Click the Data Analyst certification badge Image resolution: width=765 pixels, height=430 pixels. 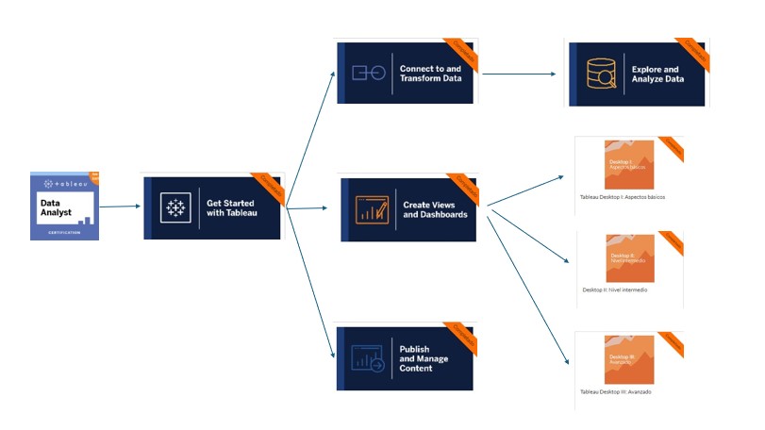point(64,206)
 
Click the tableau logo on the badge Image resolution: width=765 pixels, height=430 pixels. point(63,183)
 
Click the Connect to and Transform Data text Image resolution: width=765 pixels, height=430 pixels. point(431,74)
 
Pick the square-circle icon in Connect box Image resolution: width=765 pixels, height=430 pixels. point(368,74)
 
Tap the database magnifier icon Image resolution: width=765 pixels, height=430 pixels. point(600,74)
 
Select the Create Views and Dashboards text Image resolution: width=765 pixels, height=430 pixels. point(435,209)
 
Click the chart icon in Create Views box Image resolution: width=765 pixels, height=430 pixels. point(371,209)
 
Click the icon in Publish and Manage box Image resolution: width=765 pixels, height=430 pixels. point(368,358)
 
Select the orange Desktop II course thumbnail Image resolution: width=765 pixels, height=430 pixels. point(629,256)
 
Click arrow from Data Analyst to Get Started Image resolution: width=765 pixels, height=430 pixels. point(120,205)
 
